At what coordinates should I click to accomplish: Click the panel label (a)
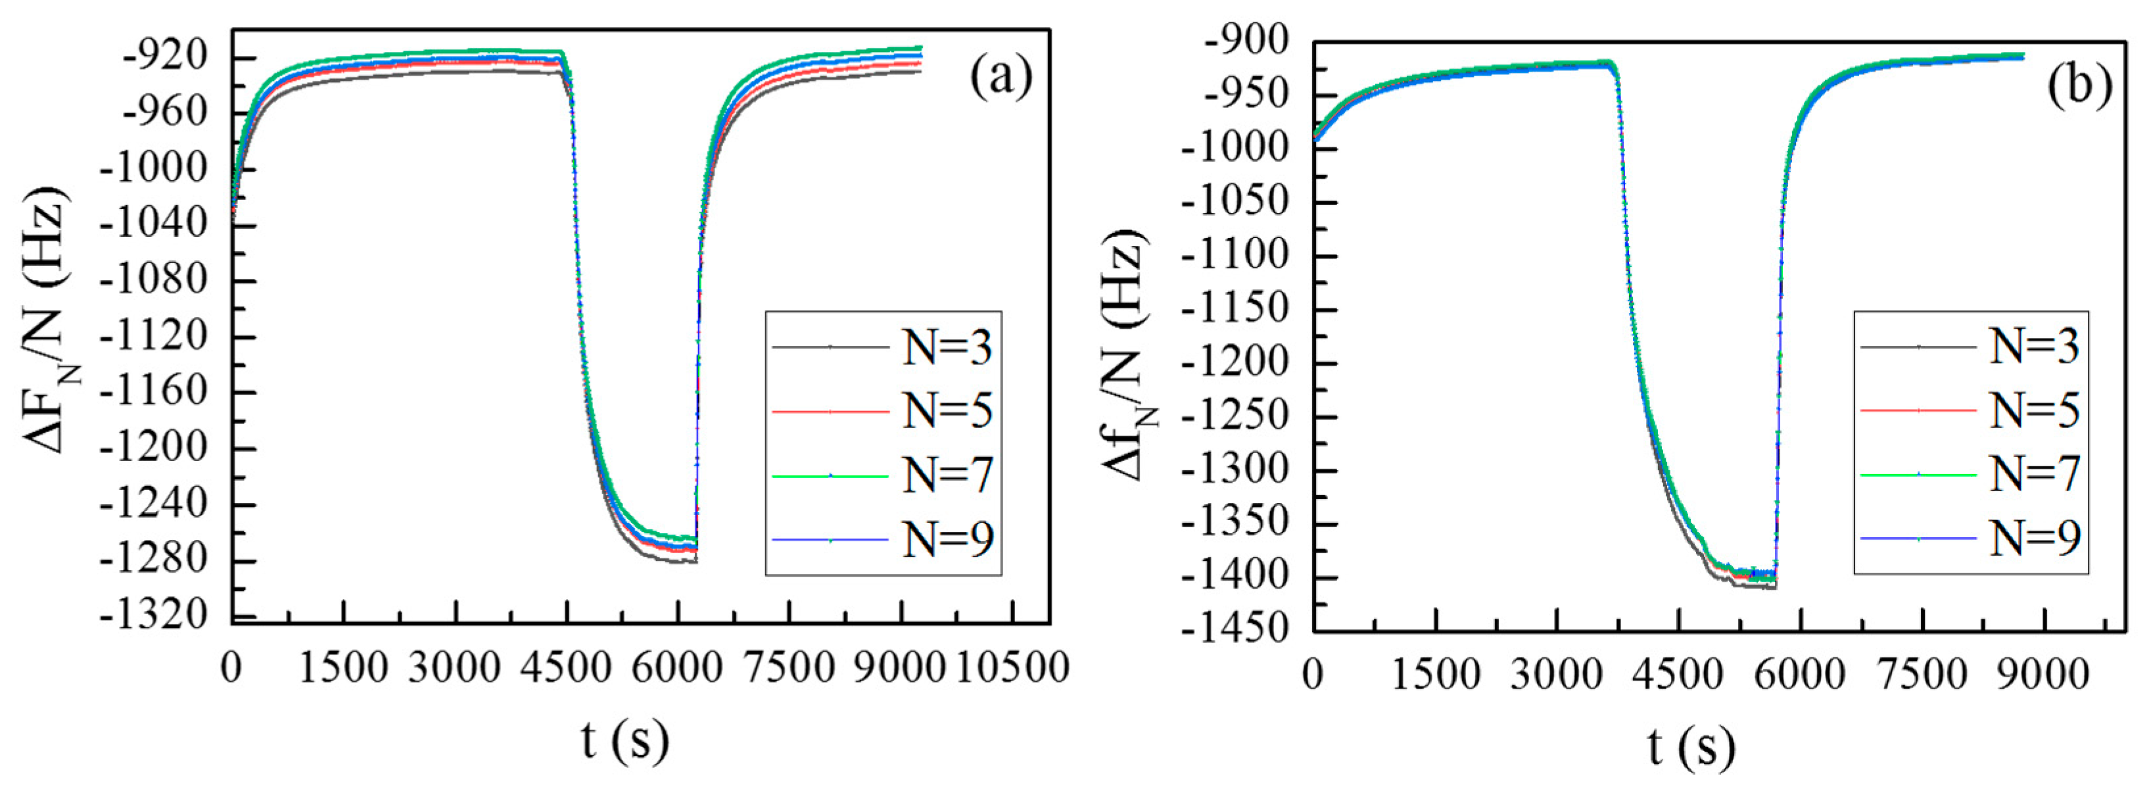(1000, 78)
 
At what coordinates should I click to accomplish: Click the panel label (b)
(2079, 86)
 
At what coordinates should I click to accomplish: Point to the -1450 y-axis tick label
(1235, 629)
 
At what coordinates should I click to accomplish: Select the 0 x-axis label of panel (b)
(1313, 674)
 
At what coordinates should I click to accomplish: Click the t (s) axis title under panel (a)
(625, 739)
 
